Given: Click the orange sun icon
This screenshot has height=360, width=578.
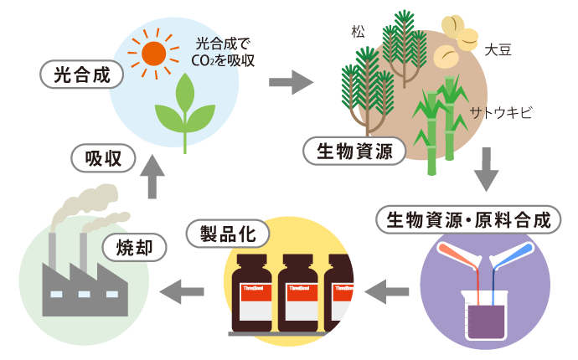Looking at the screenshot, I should pyautogui.click(x=154, y=53).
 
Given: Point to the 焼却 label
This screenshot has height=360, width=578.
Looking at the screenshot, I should pyautogui.click(x=133, y=246).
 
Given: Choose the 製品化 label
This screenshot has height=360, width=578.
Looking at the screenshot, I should pyautogui.click(x=228, y=232).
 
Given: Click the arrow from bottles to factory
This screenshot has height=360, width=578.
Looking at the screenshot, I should pyautogui.click(x=182, y=291).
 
